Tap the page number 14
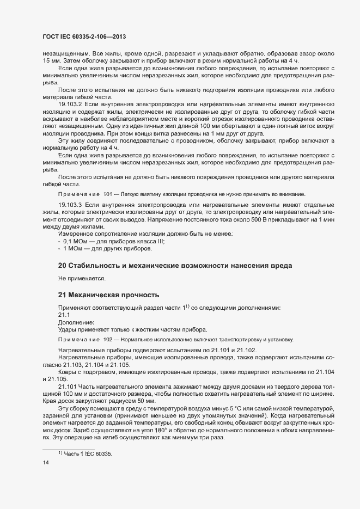click(46, 463)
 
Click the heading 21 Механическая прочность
click(108, 295)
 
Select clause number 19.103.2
click(70, 103)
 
